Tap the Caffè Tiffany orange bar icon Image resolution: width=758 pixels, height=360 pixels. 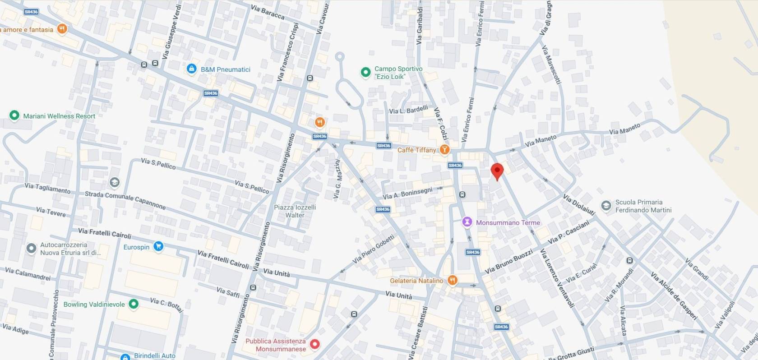coord(444,149)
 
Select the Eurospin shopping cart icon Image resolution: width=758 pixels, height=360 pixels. coord(158,246)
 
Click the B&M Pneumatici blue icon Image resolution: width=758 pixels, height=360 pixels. coord(191,69)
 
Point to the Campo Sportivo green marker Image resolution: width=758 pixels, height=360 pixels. coord(365,72)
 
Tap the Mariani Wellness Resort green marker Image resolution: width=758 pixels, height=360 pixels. coord(14,115)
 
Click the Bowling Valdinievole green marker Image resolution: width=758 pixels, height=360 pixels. coord(134,304)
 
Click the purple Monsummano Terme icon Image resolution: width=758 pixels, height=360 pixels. coord(467,222)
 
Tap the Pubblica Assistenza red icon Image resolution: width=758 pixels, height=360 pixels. coord(315,344)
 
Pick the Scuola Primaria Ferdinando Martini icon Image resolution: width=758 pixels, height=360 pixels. coord(606,206)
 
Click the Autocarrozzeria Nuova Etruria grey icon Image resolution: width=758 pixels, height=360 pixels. coord(31,248)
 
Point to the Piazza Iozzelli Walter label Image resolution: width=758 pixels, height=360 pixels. coord(295,211)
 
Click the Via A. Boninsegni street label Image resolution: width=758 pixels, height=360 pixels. coord(407,193)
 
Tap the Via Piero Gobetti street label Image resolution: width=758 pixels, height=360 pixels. coord(373,249)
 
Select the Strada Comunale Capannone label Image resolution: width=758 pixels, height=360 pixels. coord(125,200)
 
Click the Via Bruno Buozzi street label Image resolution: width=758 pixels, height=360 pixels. coord(508,262)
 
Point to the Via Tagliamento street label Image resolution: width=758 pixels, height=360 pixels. coord(47,188)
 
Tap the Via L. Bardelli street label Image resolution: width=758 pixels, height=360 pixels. coord(408,110)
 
